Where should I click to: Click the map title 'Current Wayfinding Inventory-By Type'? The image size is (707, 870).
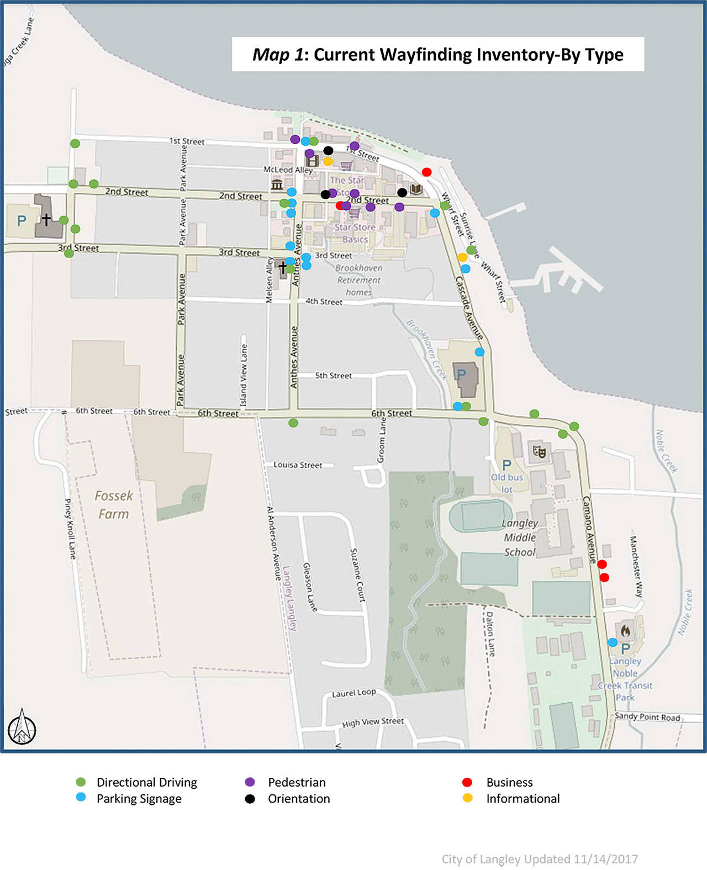(437, 54)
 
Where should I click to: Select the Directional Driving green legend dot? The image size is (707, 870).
(81, 782)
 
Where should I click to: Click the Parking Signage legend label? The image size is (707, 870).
(139, 799)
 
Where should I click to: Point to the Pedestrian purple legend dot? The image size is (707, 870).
(250, 782)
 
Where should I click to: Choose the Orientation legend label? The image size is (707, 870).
(299, 799)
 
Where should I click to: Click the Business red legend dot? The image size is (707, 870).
(467, 782)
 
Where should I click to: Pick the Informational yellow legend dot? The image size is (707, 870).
(467, 798)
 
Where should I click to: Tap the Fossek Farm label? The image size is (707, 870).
(114, 505)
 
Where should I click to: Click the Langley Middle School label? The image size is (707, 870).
(519, 537)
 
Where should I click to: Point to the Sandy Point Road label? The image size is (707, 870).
(647, 716)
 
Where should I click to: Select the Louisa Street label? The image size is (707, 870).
(298, 465)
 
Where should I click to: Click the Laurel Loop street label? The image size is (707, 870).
(353, 693)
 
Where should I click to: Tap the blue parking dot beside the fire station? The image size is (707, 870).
(613, 642)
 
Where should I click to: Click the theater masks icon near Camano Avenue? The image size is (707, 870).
(539, 451)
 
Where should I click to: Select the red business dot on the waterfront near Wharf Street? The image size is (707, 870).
(426, 172)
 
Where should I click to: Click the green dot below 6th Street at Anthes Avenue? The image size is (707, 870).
(293, 423)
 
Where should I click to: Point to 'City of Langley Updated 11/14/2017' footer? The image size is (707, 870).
(539, 859)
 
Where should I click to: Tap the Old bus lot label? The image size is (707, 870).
(506, 483)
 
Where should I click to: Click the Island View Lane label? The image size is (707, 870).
(244, 375)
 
